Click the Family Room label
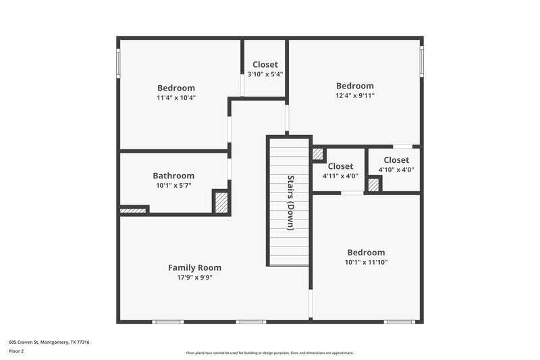194,267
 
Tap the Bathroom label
173,176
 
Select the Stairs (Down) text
290,203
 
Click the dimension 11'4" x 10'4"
176,98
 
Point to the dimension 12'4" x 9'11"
355,96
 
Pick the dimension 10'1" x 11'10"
366,262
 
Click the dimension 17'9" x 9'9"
194,277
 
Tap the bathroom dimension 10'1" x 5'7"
173,185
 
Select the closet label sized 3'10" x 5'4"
265,65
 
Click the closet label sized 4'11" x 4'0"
340,167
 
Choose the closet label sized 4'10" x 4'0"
396,160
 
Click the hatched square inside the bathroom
221,203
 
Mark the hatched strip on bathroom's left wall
133,211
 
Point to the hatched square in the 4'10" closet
373,184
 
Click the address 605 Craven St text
49,342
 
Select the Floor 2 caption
16,351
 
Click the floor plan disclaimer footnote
270,353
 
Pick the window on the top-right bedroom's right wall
422,61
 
